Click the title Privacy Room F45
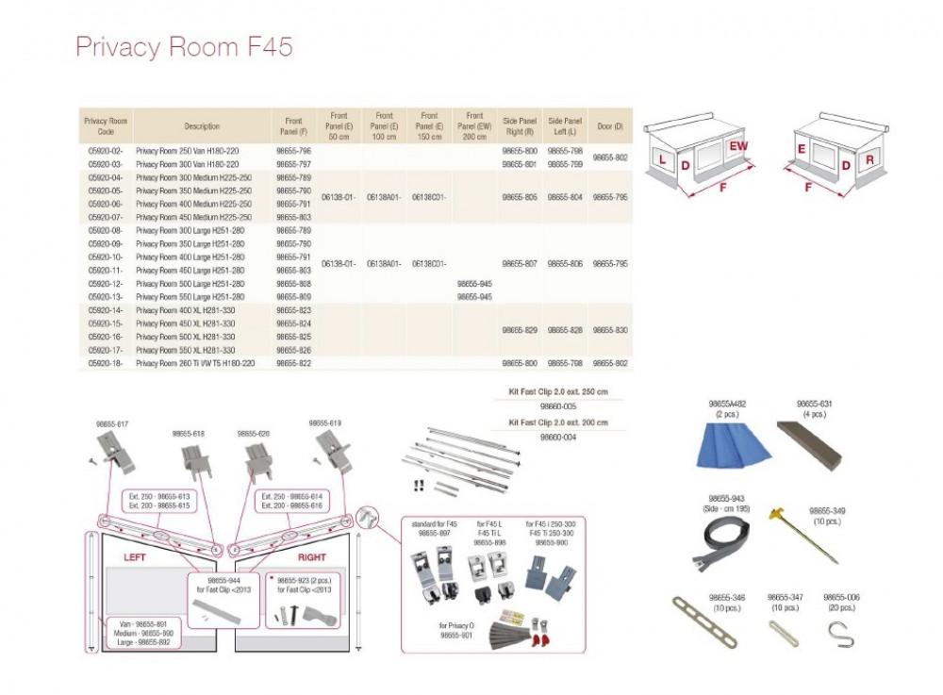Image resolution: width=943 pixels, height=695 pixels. click(x=184, y=47)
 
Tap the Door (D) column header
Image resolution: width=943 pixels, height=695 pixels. click(x=610, y=126)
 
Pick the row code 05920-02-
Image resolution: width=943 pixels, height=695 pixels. click(x=105, y=151)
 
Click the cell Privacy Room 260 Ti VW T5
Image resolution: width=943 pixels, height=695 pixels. click(x=194, y=363)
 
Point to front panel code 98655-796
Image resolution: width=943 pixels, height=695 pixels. click(x=292, y=151)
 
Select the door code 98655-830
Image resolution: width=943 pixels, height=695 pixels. click(x=610, y=331)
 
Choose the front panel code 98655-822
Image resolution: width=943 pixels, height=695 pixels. click(x=292, y=363)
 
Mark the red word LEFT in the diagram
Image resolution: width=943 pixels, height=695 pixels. click(x=135, y=557)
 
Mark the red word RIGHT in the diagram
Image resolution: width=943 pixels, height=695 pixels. click(x=311, y=557)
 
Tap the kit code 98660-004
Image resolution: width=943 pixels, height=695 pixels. click(x=555, y=438)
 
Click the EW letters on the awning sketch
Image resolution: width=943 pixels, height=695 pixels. click(x=738, y=146)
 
